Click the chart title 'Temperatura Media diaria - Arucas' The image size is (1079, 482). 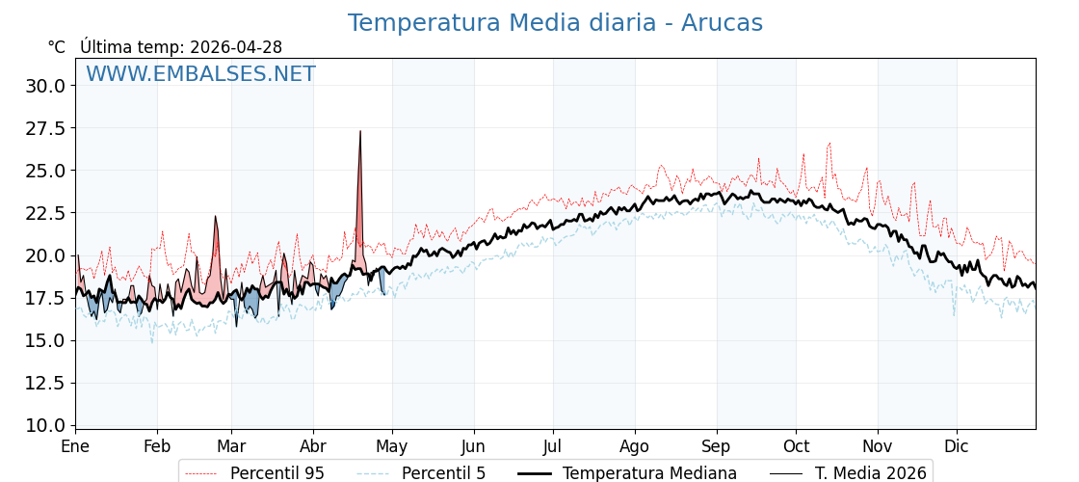555,23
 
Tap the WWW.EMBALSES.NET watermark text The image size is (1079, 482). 200,74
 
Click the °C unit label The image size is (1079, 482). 57,47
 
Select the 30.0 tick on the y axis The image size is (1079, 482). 45,86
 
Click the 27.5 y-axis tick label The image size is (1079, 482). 45,128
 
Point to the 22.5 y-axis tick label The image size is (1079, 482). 45,213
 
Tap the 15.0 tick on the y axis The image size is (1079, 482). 45,340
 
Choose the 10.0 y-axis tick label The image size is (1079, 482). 45,425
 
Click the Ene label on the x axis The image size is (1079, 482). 75,447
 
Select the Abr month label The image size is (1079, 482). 313,447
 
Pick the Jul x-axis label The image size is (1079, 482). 553,447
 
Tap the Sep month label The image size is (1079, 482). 716,447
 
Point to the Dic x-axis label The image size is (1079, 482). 957,447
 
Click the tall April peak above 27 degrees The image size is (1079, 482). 360,132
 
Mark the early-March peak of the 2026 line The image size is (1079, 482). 216,217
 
